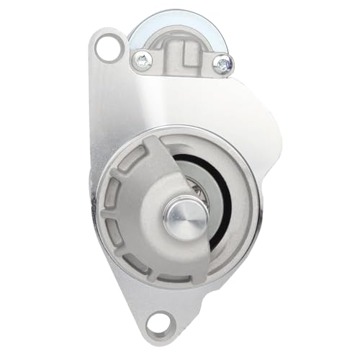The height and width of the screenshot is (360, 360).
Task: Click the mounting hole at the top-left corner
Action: click(x=108, y=49)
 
